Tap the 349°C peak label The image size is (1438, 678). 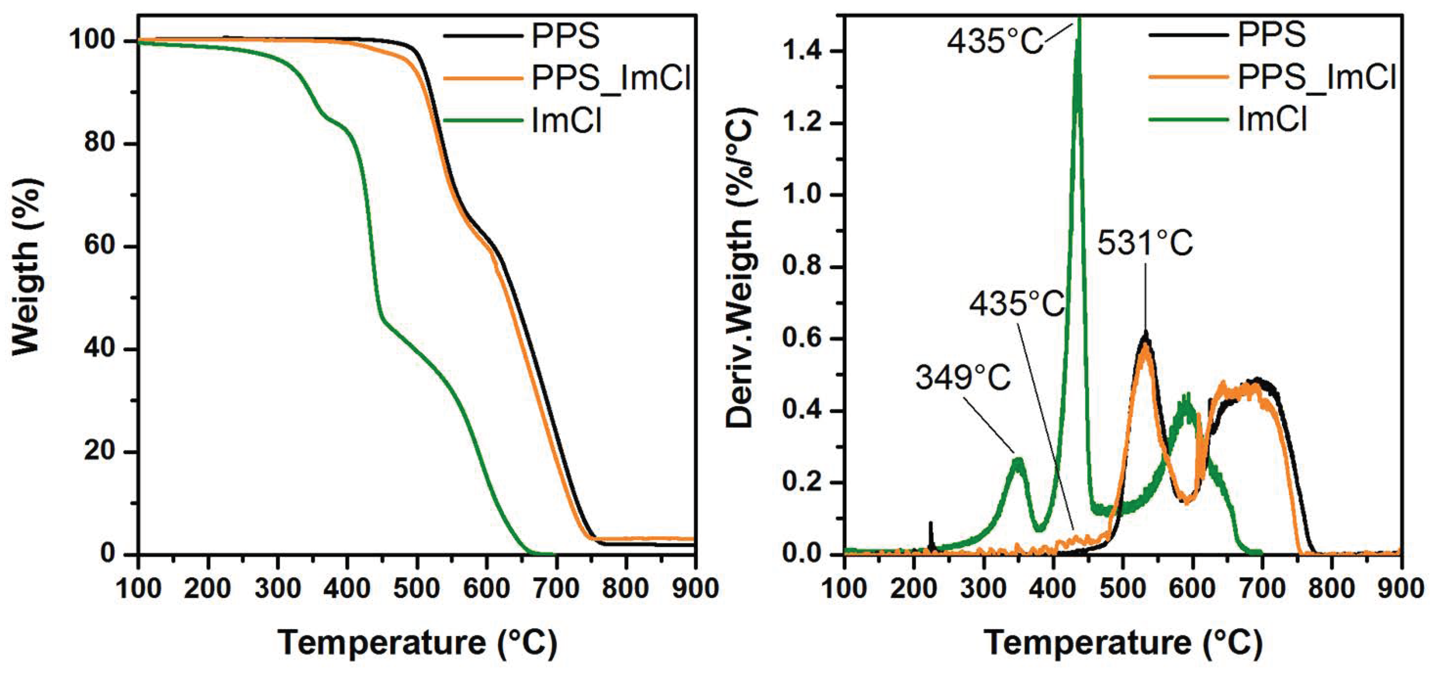point(963,377)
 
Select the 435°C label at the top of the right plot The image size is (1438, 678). point(995,40)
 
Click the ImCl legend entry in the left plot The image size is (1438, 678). point(566,120)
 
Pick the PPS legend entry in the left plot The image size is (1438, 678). point(565,36)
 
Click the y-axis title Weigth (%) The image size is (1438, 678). point(26,266)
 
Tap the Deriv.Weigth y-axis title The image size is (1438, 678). point(740,268)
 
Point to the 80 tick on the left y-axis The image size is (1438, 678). point(103,143)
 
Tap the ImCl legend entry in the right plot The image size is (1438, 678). point(1272,119)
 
